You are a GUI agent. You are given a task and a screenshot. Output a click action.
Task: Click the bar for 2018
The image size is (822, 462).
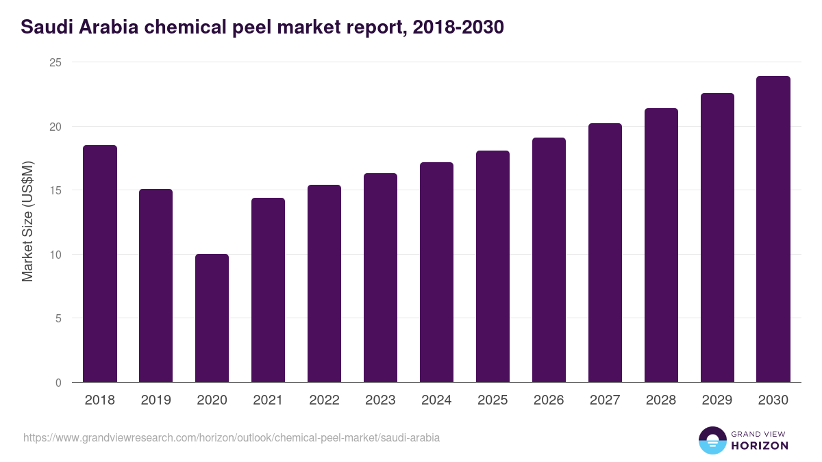click(x=100, y=264)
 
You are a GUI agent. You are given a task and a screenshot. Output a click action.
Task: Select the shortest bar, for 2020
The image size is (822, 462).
click(x=212, y=318)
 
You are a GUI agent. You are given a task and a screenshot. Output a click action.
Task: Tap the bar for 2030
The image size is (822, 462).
click(x=773, y=229)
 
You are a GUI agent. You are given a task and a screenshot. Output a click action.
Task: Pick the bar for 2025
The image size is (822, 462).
click(x=493, y=266)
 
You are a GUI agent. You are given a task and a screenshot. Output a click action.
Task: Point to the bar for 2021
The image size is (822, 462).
click(x=268, y=290)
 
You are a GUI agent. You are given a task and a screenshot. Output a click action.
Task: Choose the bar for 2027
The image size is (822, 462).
click(x=605, y=253)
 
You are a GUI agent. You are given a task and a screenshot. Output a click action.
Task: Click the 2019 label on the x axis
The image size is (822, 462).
click(x=155, y=400)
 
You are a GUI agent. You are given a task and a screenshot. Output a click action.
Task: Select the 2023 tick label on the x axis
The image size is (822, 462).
click(x=380, y=400)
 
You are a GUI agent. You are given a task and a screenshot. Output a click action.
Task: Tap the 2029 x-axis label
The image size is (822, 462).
click(x=717, y=400)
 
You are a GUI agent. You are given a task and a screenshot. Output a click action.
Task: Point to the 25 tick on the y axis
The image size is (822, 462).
click(x=55, y=62)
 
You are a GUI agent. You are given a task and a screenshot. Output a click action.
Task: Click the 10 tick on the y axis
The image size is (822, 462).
click(x=55, y=255)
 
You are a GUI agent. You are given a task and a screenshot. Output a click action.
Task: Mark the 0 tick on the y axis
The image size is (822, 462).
click(x=58, y=383)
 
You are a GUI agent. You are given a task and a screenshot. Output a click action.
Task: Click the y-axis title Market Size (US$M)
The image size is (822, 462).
click(x=27, y=222)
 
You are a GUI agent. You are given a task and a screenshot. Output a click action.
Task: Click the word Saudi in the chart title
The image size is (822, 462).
click(x=45, y=27)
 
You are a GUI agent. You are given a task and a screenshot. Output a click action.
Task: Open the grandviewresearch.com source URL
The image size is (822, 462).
click(x=232, y=437)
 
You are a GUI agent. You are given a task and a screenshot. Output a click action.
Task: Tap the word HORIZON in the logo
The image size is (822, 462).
click(x=760, y=446)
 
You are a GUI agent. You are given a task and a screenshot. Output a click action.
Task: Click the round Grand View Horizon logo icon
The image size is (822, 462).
click(x=712, y=440)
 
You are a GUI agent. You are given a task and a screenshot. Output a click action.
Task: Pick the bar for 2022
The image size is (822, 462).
click(x=324, y=283)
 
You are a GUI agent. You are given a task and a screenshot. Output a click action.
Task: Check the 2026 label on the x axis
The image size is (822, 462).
click(x=549, y=400)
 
